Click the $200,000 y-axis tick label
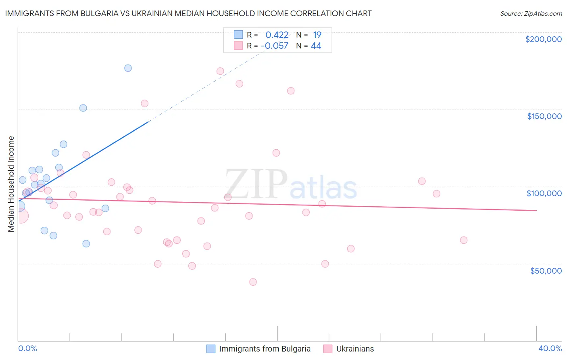[x=543, y=39]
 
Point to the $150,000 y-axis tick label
[x=544, y=116]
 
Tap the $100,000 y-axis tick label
[x=544, y=193]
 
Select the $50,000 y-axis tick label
[x=546, y=270]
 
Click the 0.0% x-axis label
[x=27, y=348]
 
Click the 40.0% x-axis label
[x=550, y=348]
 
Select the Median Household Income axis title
[x=11, y=184]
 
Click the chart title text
[x=188, y=13]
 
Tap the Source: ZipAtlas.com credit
[x=531, y=13]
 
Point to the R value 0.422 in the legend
[x=277, y=35]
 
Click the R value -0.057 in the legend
[x=275, y=46]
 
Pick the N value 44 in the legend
[x=316, y=46]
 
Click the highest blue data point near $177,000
[x=128, y=68]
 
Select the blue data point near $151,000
[x=83, y=108]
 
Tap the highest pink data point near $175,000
[x=220, y=71]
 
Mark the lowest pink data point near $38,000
[x=253, y=282]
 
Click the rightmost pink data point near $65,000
[x=463, y=240]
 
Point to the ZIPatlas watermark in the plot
[x=291, y=185]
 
